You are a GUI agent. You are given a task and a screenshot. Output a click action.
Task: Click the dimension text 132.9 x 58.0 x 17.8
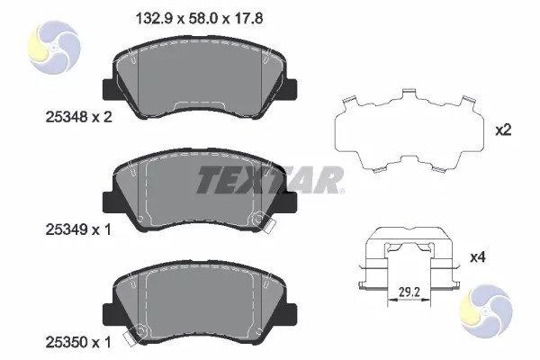coord(200,18)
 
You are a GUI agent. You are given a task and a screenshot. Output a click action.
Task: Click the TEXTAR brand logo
coord(270,180)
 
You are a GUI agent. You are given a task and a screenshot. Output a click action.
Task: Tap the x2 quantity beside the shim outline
coord(503,130)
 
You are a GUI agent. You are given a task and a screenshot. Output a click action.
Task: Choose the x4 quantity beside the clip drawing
coord(478,257)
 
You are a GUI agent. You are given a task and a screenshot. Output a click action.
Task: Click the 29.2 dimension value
coord(409,292)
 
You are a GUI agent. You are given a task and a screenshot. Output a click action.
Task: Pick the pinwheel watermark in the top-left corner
coord(54,47)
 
